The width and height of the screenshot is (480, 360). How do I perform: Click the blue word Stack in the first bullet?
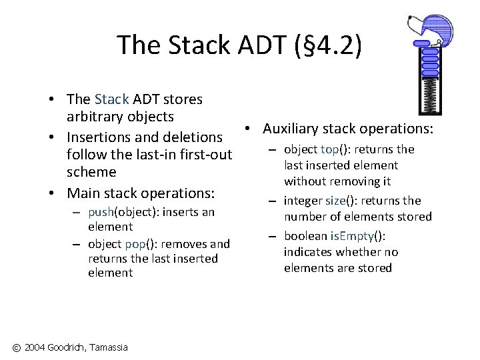[x=111, y=99]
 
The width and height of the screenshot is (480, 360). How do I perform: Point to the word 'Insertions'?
[x=101, y=137]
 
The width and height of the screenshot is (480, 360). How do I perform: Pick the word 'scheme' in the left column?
[x=91, y=172]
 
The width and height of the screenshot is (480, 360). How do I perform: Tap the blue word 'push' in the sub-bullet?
[x=100, y=212]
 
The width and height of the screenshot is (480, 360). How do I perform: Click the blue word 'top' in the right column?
[x=329, y=149]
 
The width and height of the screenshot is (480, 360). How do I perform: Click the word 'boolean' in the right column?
[x=304, y=236]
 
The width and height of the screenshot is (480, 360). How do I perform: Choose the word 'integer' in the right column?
[x=303, y=201]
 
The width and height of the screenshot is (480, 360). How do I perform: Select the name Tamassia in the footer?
[x=107, y=347]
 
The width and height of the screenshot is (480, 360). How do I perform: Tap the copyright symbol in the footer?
[x=15, y=347]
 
